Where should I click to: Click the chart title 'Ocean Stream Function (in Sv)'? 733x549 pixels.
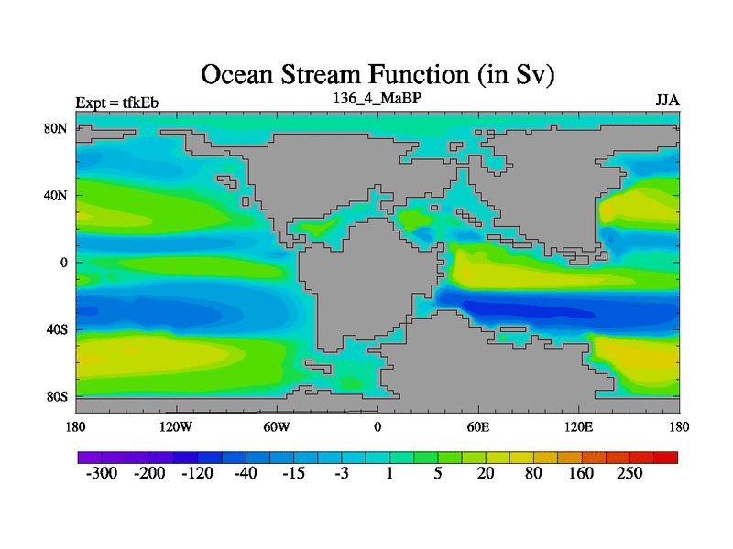coord(377,75)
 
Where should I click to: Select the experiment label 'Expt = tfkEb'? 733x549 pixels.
coord(117,102)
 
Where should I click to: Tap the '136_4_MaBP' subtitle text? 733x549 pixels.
coord(377,98)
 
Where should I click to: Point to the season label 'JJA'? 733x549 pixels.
coord(668,101)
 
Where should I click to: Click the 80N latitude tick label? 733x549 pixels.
coord(56,128)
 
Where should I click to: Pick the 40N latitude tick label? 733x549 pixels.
coord(56,195)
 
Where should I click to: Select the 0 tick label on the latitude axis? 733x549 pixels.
coord(63,263)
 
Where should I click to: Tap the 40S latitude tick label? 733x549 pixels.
coord(57,329)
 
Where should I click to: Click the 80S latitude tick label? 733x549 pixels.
coord(57,397)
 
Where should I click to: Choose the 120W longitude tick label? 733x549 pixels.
coord(176,426)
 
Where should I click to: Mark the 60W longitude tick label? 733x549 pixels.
coord(277,426)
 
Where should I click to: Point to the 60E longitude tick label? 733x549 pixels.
coord(478,426)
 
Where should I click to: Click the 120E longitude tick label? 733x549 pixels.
coord(579,426)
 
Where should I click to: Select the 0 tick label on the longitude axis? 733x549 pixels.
coord(377,426)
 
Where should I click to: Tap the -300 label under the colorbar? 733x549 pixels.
coord(102,473)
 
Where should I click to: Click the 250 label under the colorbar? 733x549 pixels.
coord(629,473)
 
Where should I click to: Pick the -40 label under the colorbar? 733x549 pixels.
coord(246,473)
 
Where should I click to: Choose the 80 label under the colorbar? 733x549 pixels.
coord(533,473)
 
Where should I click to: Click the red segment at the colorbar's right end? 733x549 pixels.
coord(666,457)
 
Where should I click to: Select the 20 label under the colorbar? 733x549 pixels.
coord(486,473)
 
